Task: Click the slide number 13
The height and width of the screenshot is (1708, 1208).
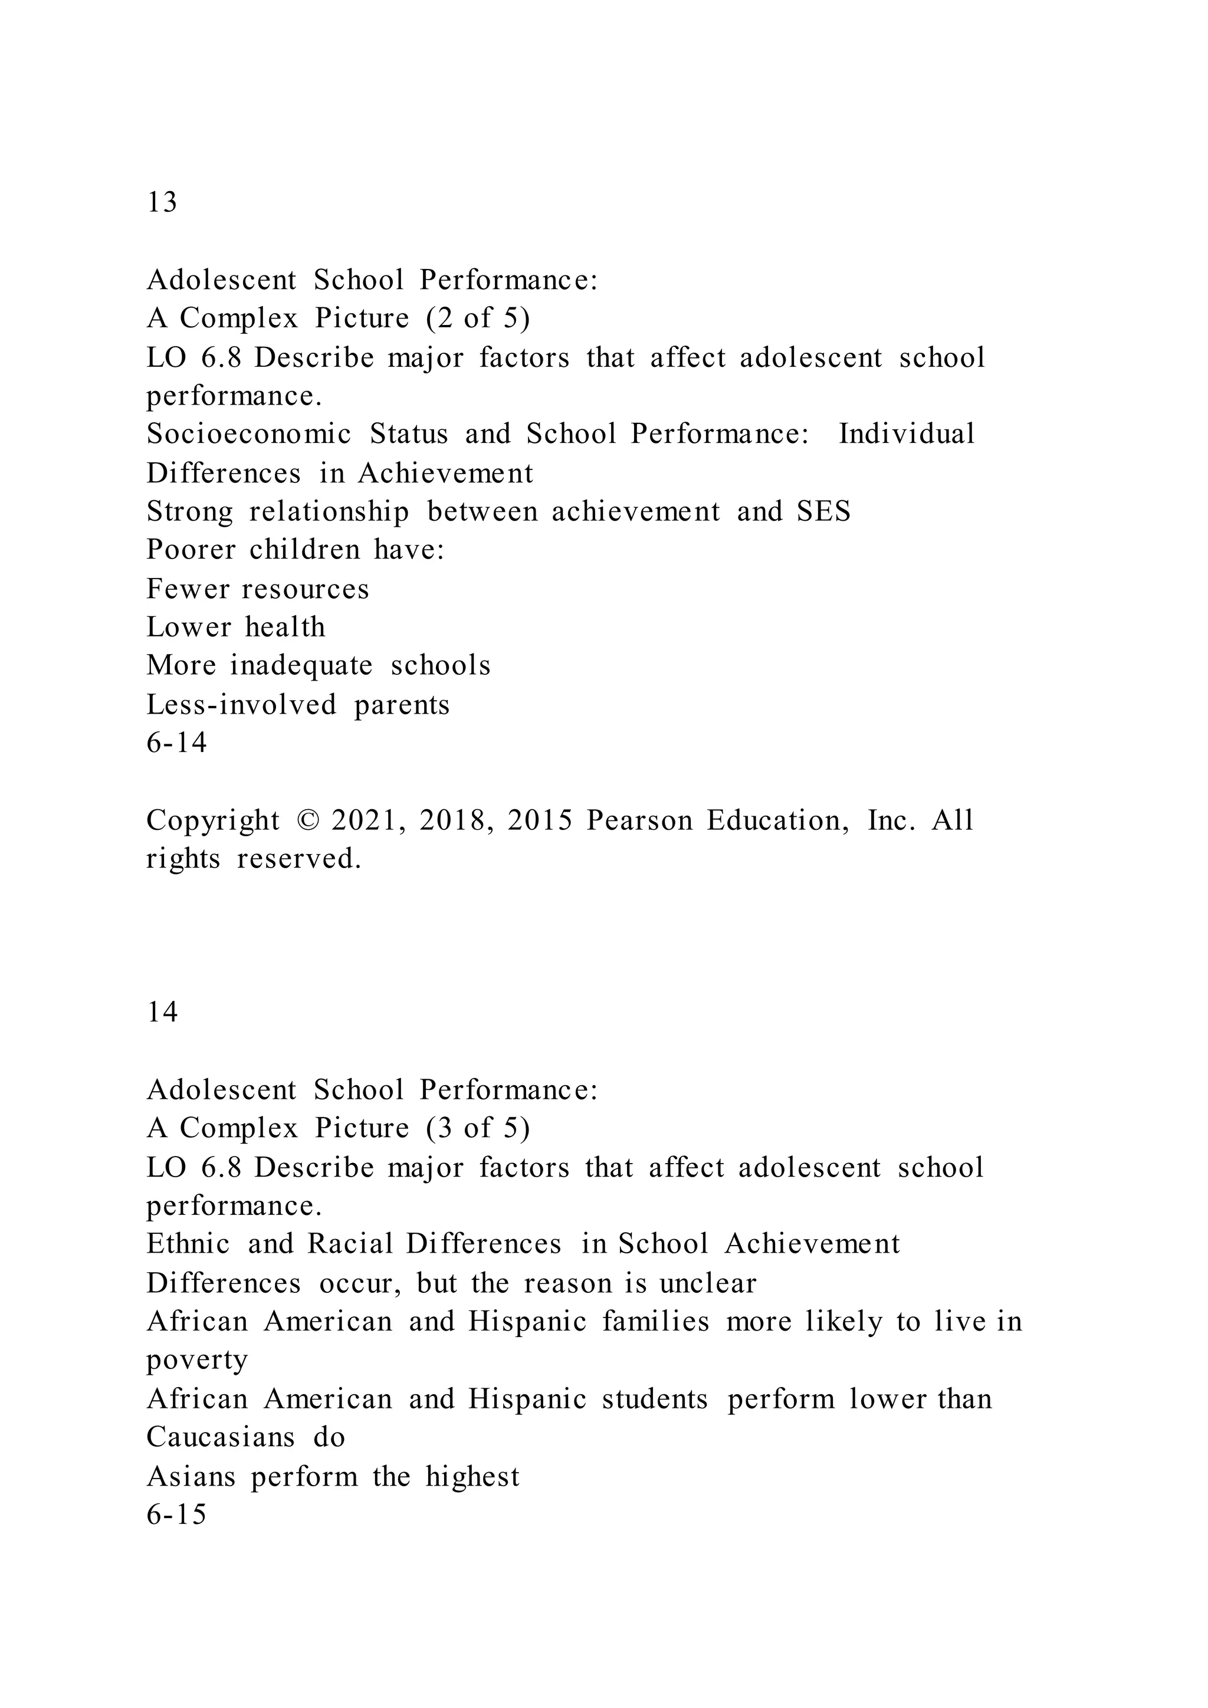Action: click(x=162, y=203)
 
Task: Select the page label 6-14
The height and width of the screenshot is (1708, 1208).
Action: click(x=176, y=743)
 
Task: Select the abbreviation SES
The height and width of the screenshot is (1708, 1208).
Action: click(x=823, y=512)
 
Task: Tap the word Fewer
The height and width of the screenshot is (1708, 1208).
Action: click(x=188, y=589)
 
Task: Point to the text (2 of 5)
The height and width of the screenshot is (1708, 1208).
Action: click(x=478, y=318)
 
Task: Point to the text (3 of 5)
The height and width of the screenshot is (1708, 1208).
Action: click(x=478, y=1128)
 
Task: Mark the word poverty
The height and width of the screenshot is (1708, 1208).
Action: click(x=197, y=1361)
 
